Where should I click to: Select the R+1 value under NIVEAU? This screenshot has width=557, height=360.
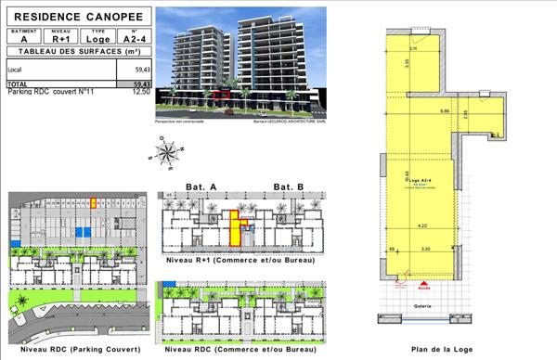pos(61,39)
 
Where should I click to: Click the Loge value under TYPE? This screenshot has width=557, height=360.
pos(97,39)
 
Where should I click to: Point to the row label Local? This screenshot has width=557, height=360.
pos(16,70)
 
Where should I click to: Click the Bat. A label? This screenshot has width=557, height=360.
pos(201,187)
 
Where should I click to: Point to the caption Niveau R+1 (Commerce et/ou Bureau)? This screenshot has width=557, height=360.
pos(240,261)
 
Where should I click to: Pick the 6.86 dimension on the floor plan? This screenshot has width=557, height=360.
pos(444,111)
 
